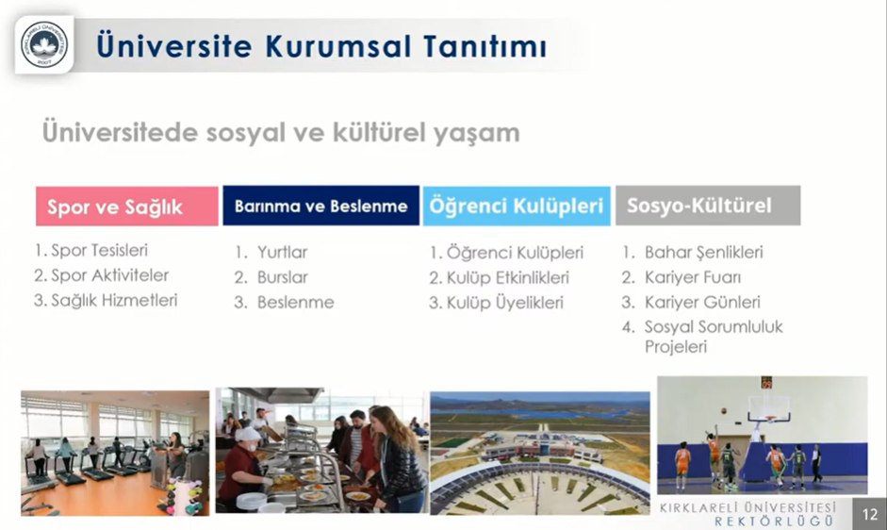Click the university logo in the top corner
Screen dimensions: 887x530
click(44, 44)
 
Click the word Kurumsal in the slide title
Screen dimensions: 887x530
click(337, 46)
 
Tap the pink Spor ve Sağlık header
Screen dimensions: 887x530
click(126, 207)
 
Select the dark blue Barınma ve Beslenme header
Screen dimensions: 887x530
click(320, 206)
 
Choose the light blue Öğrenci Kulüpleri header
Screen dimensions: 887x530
click(517, 206)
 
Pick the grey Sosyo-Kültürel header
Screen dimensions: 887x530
click(708, 206)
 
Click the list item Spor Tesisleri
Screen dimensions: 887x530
click(99, 250)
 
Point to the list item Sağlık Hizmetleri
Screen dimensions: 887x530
click(114, 300)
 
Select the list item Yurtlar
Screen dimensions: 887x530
click(282, 252)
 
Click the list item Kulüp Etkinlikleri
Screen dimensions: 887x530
click(508, 277)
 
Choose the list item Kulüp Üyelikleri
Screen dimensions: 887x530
click(505, 303)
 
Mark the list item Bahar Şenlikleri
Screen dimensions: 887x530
click(704, 252)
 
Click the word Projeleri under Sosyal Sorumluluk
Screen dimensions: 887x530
click(676, 346)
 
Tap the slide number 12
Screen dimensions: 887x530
click(869, 514)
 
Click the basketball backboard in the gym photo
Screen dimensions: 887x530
click(769, 408)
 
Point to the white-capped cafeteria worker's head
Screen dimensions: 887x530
click(247, 437)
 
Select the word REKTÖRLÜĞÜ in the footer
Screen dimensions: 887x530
click(774, 521)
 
